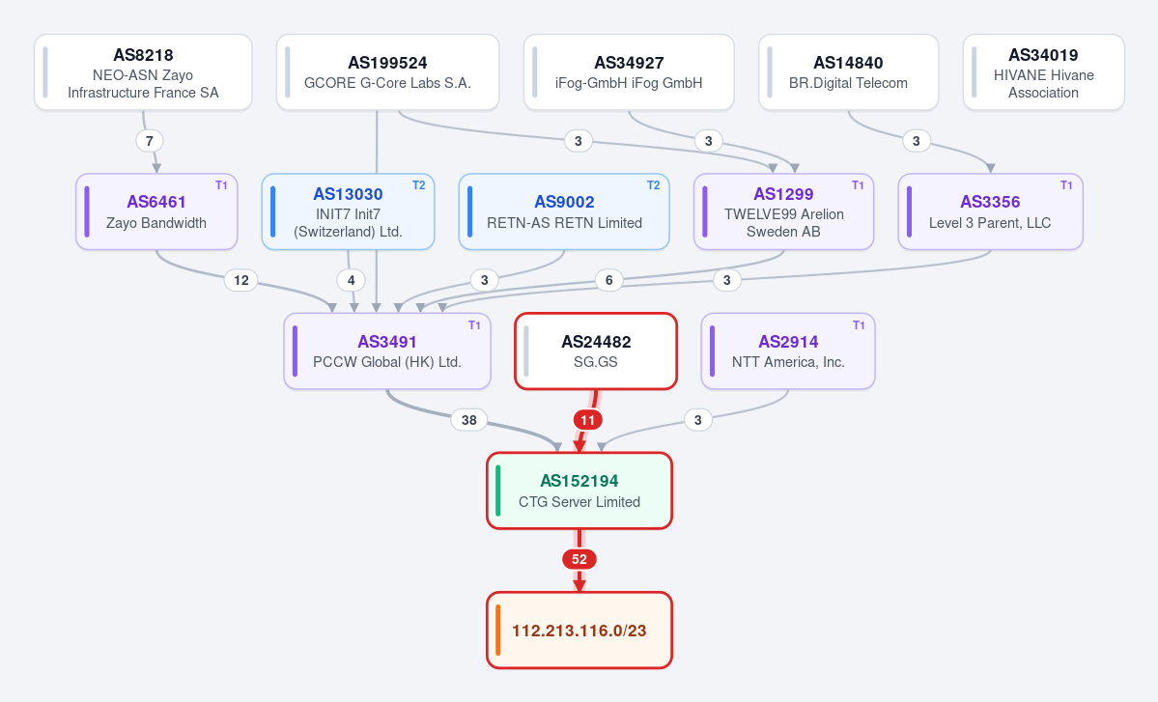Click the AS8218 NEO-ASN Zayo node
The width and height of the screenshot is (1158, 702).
[x=143, y=72]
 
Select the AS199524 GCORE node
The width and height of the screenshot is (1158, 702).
[x=387, y=72]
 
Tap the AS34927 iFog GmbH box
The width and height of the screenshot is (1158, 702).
[x=629, y=72]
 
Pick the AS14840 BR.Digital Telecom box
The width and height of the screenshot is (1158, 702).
[x=849, y=72]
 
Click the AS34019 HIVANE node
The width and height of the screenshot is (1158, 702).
[x=1043, y=72]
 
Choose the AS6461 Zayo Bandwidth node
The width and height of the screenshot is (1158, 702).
[x=156, y=211]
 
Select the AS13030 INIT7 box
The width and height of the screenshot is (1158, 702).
[x=348, y=211]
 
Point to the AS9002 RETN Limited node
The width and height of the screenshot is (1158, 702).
[x=564, y=211]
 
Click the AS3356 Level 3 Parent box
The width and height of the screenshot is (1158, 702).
[x=990, y=211]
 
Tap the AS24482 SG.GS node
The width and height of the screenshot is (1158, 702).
[x=596, y=351]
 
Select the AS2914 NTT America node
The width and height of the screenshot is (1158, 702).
[x=788, y=351]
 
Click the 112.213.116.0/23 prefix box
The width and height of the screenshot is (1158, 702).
[x=579, y=631]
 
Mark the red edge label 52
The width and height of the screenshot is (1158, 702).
[x=579, y=559]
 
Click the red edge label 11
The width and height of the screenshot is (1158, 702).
[x=588, y=420]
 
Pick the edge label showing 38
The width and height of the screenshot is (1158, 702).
[x=469, y=420]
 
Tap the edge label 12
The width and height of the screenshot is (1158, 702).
[x=241, y=280]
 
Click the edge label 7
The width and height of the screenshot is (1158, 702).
[x=149, y=141]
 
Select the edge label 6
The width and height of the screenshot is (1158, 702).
[x=609, y=280]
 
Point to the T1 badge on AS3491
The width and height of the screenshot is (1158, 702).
[x=474, y=325]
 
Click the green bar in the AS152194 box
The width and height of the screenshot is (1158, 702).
[x=497, y=491]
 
